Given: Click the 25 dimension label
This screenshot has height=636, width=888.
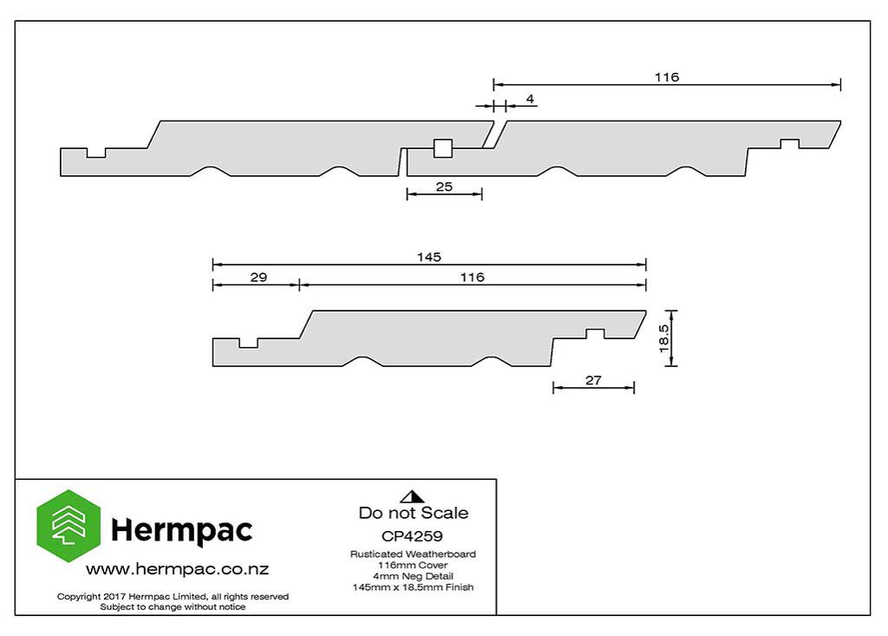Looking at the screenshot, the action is point(444,187).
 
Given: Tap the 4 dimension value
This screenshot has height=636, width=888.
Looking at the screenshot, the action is point(530,99).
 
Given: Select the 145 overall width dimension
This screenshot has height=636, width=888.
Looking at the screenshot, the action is point(429,258).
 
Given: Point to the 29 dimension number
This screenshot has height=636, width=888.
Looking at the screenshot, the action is point(258,277).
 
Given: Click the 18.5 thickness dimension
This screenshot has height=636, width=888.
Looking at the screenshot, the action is point(664,338).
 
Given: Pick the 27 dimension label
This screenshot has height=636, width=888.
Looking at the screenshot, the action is point(593,380).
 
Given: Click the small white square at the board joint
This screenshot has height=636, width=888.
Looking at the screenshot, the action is point(443,148).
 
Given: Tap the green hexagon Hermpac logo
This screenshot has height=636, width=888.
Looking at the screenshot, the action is point(69,526).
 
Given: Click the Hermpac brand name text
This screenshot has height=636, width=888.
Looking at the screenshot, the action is point(182,530).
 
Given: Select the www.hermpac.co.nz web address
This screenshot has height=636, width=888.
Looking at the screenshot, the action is point(177,569).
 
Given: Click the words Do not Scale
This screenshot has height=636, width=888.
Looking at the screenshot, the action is point(414,513).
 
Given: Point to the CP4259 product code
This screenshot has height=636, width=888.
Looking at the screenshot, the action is point(412,536).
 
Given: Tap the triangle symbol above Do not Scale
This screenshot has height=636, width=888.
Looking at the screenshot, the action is point(412,496).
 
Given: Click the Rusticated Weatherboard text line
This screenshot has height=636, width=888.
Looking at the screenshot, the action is point(413,554).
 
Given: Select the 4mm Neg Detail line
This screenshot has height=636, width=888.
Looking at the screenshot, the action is point(413,576).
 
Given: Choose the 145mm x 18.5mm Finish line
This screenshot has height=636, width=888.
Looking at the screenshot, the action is point(413,587).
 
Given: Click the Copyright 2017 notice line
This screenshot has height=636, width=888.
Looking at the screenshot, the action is point(173,596).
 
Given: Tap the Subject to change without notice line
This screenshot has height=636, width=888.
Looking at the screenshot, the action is point(173,607).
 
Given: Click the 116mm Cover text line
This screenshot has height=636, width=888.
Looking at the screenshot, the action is point(413,565).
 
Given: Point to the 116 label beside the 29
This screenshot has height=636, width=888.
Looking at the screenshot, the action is point(473,277).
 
